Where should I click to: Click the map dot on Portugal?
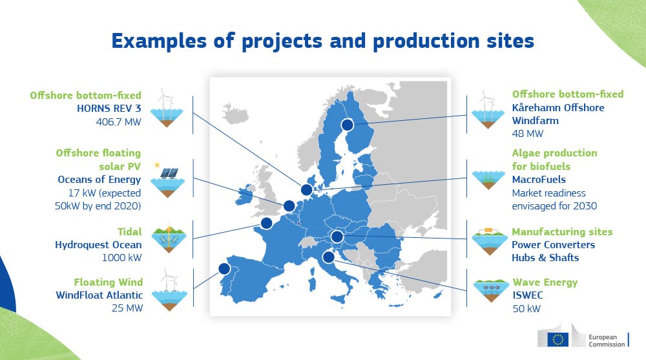tap(224, 268)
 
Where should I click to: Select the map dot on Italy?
tap(328, 258)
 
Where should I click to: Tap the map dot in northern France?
tap(266, 224)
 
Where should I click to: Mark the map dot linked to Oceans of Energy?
tap(289, 206)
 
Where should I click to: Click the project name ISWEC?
tap(528, 295)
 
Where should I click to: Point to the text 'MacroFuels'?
tap(539, 179)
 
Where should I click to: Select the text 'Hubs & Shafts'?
tap(545, 257)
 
